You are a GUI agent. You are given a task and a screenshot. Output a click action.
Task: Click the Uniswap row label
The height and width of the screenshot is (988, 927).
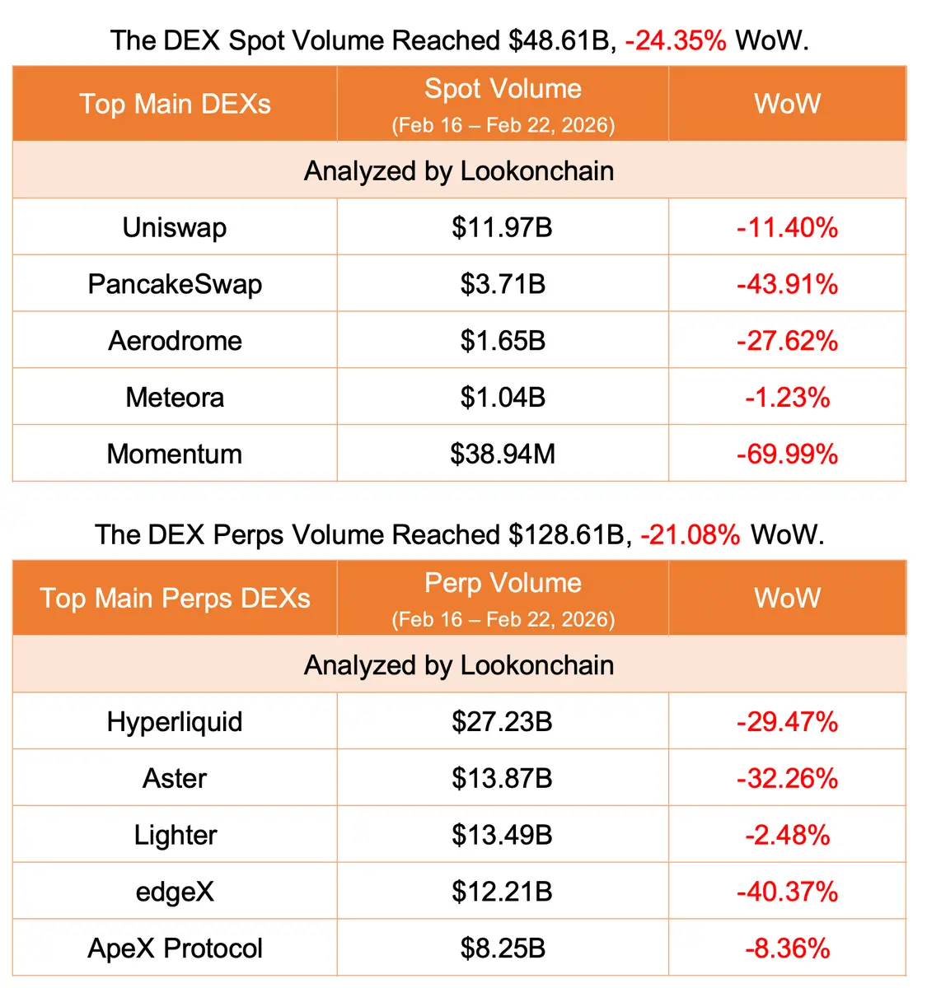point(175,227)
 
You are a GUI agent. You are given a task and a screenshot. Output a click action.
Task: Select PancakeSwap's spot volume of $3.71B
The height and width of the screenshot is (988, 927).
point(503,284)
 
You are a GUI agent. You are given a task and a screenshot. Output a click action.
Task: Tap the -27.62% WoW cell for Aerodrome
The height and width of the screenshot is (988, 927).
point(787,341)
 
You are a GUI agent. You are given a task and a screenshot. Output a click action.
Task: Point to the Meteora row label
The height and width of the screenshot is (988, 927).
point(175,398)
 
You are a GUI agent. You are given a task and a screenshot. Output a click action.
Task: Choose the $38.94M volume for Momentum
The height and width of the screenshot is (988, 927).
point(503,454)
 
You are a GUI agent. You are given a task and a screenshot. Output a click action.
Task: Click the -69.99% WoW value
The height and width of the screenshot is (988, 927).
point(787,454)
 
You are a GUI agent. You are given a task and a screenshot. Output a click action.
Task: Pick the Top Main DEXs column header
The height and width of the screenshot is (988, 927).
point(175,104)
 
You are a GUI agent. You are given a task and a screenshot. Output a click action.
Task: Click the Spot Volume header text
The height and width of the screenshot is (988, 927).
point(503,89)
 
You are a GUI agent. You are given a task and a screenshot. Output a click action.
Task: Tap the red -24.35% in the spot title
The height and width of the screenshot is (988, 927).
point(676,40)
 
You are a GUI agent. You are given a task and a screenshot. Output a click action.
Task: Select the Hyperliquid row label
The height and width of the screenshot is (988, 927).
point(175,722)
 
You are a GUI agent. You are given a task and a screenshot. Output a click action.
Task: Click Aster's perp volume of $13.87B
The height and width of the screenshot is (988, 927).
point(503,778)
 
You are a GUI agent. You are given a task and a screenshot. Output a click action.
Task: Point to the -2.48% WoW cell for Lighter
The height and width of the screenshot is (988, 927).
point(787,835)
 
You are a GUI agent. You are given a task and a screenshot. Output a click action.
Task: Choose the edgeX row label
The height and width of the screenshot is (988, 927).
point(175,892)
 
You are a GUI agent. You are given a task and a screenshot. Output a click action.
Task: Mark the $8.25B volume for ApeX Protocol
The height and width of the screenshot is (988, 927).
point(503,948)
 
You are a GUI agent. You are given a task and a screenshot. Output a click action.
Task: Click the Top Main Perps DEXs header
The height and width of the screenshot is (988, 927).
point(175,598)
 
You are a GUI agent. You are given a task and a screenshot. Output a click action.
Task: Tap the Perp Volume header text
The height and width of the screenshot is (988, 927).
point(503,583)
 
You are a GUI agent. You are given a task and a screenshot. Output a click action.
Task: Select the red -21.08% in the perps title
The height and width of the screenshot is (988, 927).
point(691,534)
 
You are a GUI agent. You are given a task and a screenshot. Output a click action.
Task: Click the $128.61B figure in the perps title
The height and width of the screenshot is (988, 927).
point(566,534)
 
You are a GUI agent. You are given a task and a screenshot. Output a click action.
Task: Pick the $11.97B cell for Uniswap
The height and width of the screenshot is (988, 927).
point(503,227)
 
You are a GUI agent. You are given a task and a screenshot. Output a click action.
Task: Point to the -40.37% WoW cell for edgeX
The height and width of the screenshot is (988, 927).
point(787,892)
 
